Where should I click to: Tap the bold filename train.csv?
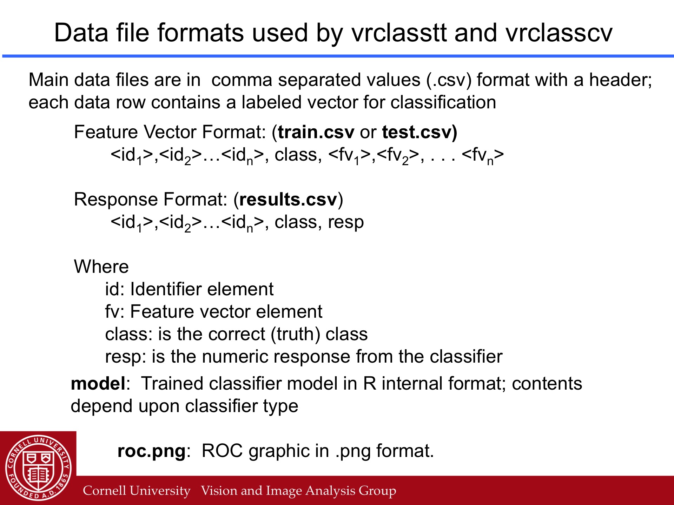pyautogui.click(x=316, y=132)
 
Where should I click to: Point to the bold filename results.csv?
pyautogui.click(x=288, y=200)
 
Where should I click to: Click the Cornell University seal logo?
pyautogui.click(x=38, y=468)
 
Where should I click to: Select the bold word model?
pyautogui.click(x=98, y=383)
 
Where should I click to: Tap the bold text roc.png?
pyautogui.click(x=151, y=451)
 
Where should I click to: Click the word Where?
pyautogui.click(x=101, y=267)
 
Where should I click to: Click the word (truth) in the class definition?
pyautogui.click(x=295, y=334)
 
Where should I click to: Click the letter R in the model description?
pyautogui.click(x=370, y=383)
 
